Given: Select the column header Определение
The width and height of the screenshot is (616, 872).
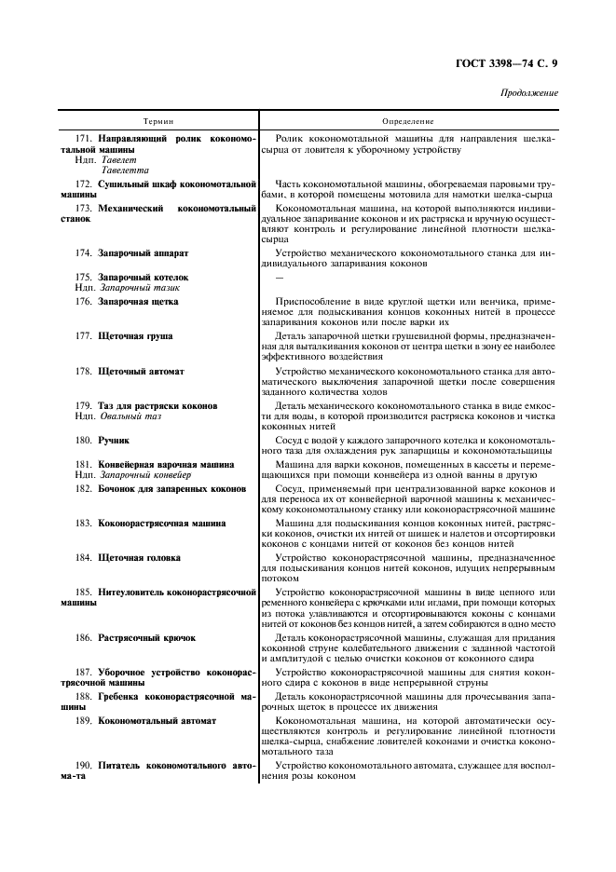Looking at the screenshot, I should [408, 122].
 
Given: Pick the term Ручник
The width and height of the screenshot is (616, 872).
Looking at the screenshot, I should [115, 439].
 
